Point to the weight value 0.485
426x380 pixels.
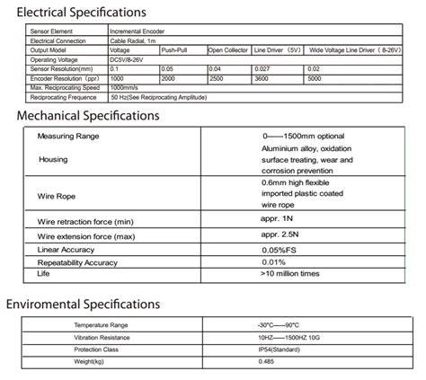pos(266,360)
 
